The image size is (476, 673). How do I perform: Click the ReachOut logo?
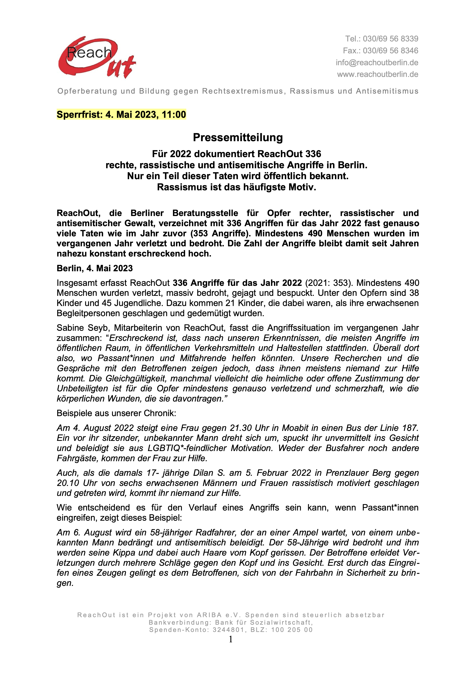tap(97, 57)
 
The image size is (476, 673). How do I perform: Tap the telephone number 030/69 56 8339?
tap(390, 39)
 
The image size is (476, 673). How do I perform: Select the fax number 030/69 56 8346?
tap(390, 51)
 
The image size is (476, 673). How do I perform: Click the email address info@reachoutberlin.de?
tap(377, 62)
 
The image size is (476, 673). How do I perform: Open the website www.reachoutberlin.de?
tap(378, 74)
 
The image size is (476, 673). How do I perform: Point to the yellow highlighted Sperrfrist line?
tap(121, 114)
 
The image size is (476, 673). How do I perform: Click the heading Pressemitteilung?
tap(238, 138)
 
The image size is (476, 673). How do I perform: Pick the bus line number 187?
tap(410, 428)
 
